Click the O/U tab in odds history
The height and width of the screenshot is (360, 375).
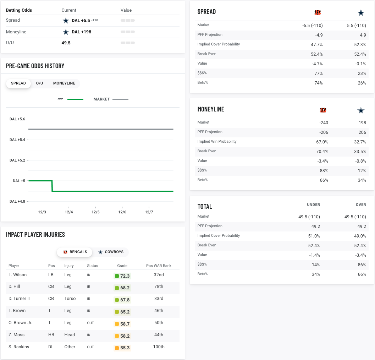click(39, 83)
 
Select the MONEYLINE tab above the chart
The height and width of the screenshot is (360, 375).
click(64, 83)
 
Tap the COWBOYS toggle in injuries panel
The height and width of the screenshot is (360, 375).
click(111, 252)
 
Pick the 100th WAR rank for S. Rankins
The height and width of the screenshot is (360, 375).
click(159, 347)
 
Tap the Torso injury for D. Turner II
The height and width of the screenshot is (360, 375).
click(70, 299)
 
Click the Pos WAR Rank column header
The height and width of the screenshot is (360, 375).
click(159, 266)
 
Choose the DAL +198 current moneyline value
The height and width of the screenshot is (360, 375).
click(81, 32)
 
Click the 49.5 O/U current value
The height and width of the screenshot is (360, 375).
click(66, 43)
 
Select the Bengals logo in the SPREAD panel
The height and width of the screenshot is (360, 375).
click(318, 13)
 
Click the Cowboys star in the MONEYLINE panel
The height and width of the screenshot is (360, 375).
click(361, 110)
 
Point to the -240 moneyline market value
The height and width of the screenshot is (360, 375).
click(324, 123)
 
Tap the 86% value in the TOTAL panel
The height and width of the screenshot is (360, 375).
click(362, 265)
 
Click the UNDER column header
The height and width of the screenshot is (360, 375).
click(313, 205)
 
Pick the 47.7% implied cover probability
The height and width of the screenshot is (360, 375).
click(316, 45)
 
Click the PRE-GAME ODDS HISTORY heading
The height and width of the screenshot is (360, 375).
click(35, 66)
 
